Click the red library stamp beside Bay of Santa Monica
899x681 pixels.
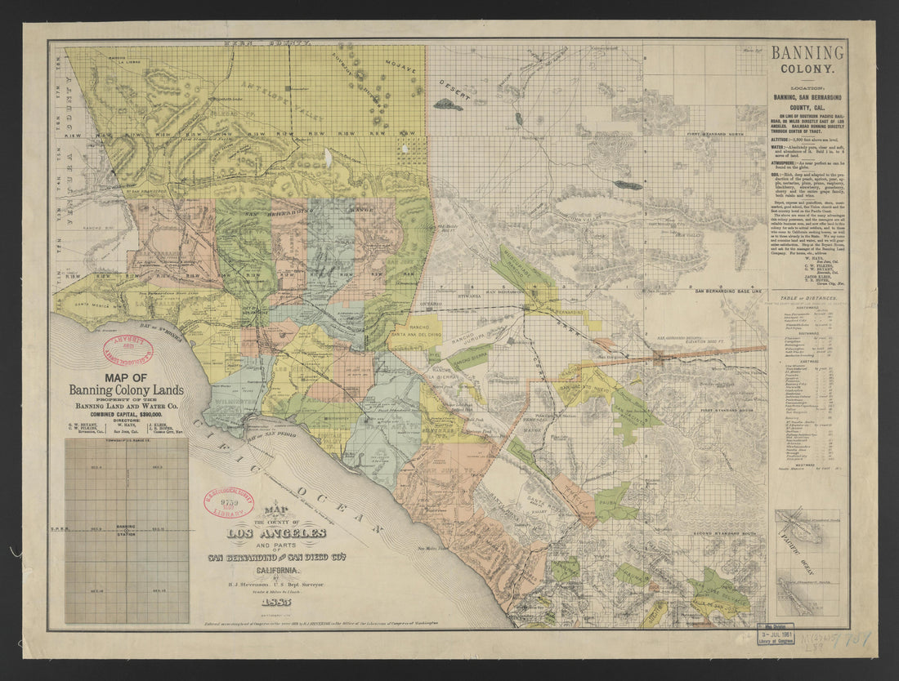pyautogui.click(x=127, y=350)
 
